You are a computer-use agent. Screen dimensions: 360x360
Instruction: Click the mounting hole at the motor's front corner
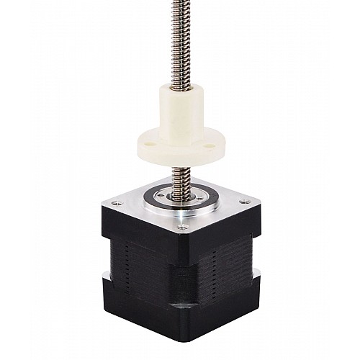pos(182,228)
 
